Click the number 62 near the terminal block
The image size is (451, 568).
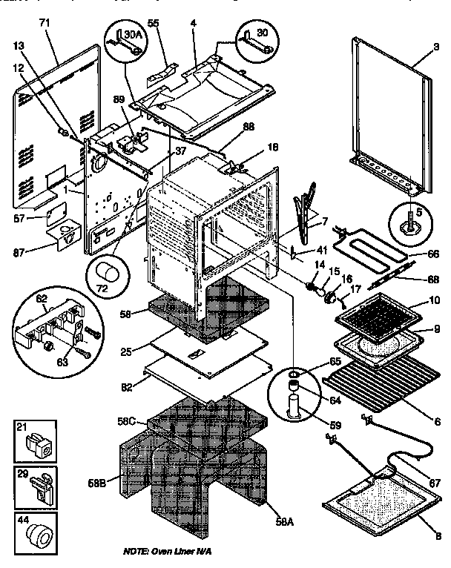[42, 300]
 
